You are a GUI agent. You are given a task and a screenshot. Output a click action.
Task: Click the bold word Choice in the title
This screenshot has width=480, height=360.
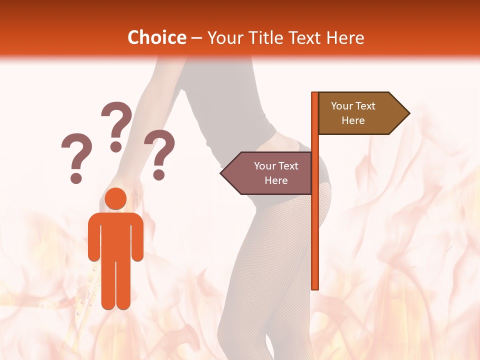click(156, 37)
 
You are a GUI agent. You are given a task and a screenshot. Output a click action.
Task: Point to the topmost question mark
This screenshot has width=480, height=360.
click(116, 125)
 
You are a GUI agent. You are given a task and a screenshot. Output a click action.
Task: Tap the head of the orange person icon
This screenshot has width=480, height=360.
click(115, 198)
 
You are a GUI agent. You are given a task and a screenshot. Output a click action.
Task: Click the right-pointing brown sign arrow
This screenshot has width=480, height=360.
click(360, 113)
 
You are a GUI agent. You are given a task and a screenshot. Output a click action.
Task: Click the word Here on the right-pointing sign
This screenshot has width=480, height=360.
click(353, 120)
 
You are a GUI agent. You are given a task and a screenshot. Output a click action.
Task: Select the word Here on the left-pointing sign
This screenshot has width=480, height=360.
click(276, 180)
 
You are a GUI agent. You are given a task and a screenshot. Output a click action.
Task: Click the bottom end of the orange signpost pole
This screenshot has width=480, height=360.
click(315, 286)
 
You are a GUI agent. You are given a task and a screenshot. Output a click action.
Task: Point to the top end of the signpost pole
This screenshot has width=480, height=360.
click(315, 94)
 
